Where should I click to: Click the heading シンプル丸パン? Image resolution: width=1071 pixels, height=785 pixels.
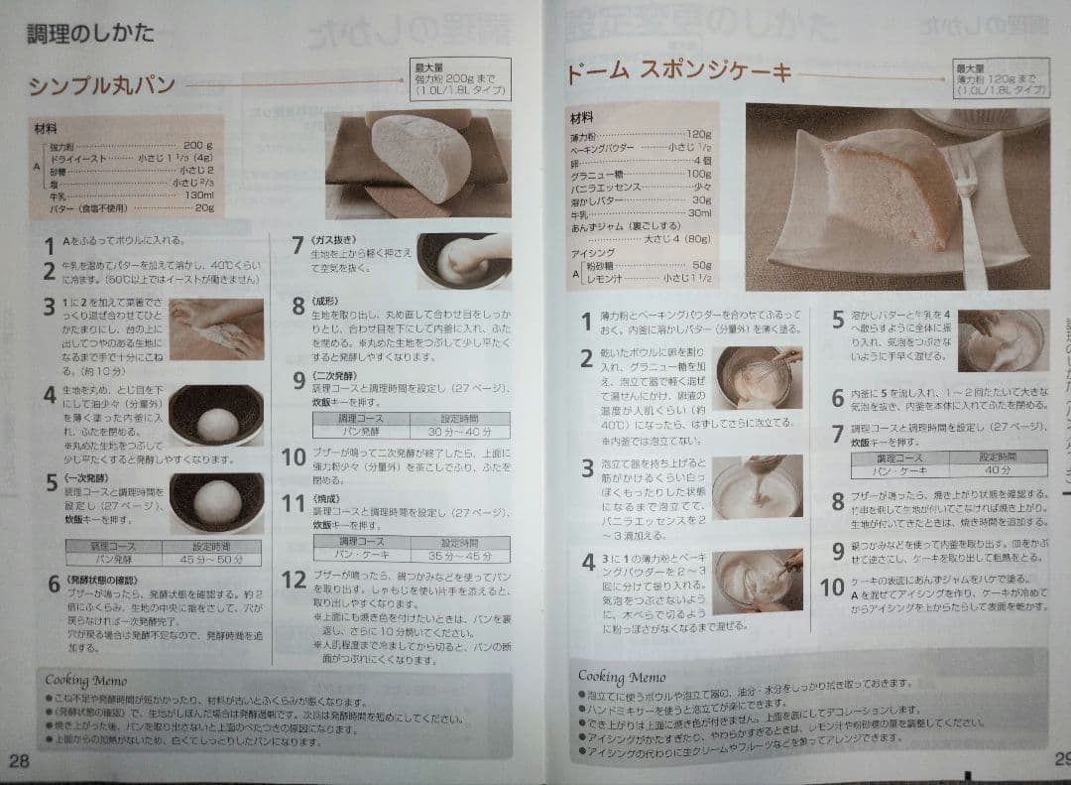click(101, 85)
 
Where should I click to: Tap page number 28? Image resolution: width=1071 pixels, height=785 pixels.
click(19, 760)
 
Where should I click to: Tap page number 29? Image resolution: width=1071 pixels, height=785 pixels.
click(1059, 759)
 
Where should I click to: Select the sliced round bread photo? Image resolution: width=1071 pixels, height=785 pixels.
click(417, 163)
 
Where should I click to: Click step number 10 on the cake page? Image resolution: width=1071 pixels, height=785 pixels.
click(831, 587)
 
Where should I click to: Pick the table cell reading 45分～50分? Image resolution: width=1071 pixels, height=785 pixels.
click(212, 560)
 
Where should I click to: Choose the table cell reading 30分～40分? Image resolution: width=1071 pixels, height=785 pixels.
click(459, 432)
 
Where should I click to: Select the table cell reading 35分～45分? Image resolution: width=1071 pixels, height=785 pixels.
click(459, 557)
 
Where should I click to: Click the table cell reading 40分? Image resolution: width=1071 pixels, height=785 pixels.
click(997, 470)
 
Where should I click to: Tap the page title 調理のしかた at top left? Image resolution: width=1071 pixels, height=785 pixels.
click(90, 33)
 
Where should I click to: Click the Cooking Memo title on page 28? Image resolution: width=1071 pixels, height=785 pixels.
click(86, 681)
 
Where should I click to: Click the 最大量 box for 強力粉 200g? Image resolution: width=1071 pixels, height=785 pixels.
click(460, 78)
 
